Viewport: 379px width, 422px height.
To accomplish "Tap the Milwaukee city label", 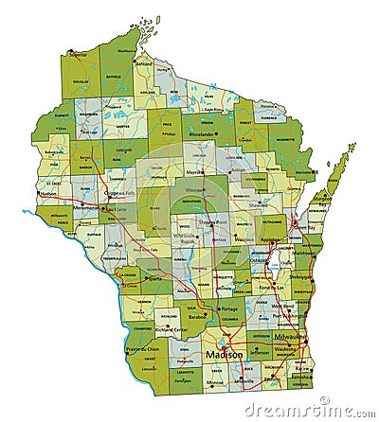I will click(x=292, y=336).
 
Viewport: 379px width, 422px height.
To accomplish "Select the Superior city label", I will click(x=78, y=54).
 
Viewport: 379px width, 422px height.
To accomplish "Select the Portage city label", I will click(x=227, y=309).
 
